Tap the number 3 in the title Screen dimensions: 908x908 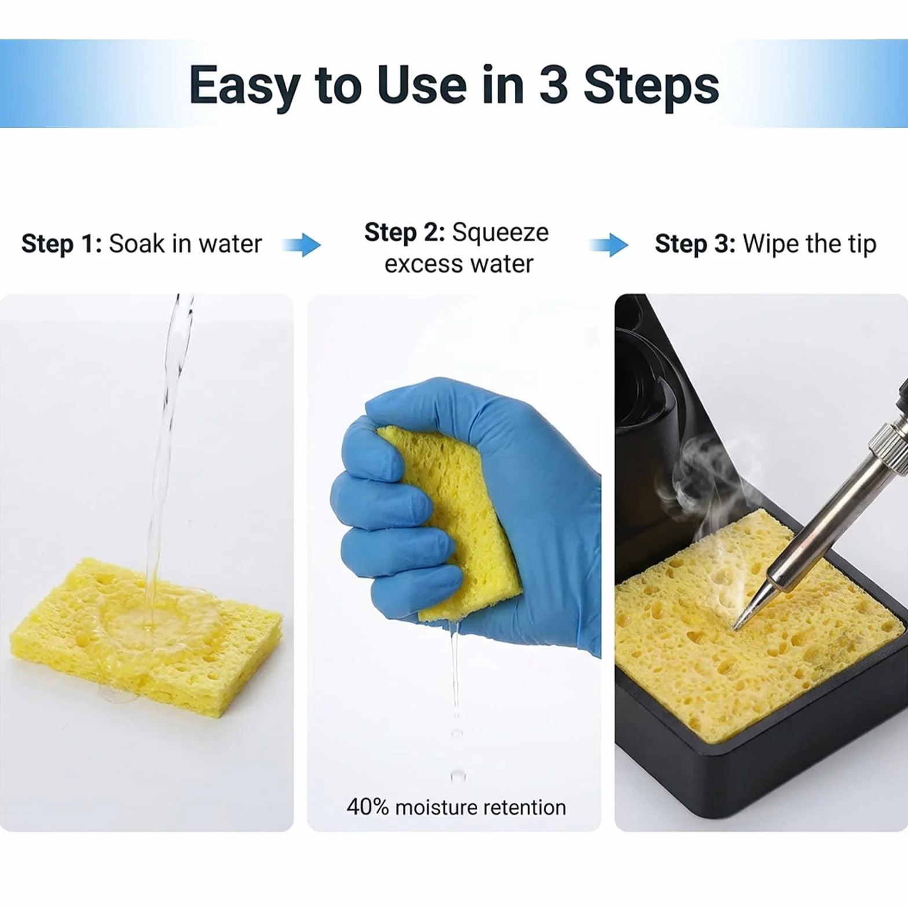tap(554, 85)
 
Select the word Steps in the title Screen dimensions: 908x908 tap(651, 86)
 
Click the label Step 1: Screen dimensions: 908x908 tap(61, 244)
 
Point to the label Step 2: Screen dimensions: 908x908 tap(404, 232)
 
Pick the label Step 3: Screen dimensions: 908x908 tap(695, 244)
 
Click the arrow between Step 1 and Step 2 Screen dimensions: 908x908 tap(301, 245)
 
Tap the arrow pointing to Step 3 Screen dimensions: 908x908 tap(609, 245)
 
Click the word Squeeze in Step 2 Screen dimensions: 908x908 tap(500, 233)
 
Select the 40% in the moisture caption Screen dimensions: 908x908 tap(368, 807)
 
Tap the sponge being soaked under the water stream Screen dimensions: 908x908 tap(147, 631)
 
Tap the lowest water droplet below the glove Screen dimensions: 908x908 tap(457, 775)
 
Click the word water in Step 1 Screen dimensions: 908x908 tap(230, 244)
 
